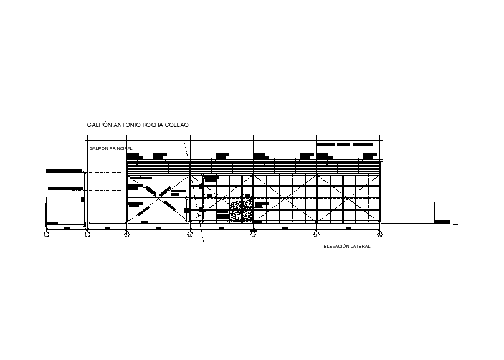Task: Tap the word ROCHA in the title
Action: [153, 125]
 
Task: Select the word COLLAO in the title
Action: [178, 125]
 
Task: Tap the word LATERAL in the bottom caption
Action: [361, 247]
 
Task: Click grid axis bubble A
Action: [379, 234]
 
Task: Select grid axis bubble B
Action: [316, 234]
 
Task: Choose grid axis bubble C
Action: [253, 234]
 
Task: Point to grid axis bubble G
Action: [46, 234]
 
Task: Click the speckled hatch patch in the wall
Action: [241, 211]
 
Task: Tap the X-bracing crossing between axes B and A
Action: [348, 198]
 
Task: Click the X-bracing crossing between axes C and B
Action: [284, 198]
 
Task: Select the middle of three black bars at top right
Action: [345, 144]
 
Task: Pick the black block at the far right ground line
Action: [442, 221]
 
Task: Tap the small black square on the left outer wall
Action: [83, 199]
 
